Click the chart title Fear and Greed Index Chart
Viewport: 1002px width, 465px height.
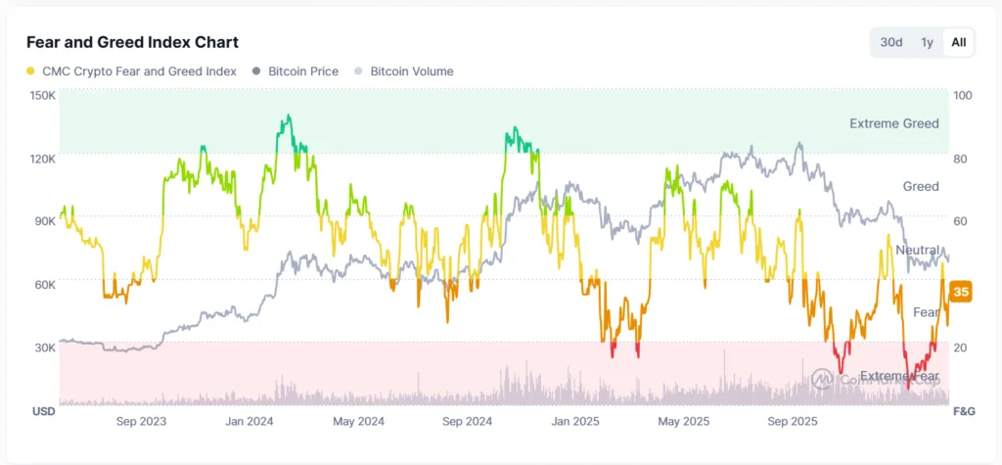click(x=132, y=42)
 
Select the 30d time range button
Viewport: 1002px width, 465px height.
click(x=890, y=42)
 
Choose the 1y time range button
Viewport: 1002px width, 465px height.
click(x=926, y=42)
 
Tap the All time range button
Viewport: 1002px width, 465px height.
click(x=958, y=42)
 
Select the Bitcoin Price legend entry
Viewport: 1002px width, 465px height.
click(x=301, y=71)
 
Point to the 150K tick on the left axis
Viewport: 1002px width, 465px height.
click(x=43, y=96)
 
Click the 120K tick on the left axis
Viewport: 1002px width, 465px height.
click(x=43, y=159)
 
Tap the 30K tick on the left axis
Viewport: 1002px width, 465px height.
click(x=45, y=348)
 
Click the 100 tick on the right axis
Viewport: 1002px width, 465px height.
click(x=963, y=96)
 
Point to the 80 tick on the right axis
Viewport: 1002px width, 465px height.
click(x=961, y=159)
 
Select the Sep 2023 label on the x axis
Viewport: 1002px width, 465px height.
click(x=141, y=422)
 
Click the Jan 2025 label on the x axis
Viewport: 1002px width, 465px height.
click(x=575, y=422)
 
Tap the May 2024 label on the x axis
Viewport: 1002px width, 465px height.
click(x=358, y=422)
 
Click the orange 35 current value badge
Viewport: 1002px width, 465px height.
click(x=961, y=292)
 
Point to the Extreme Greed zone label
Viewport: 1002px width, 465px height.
click(x=893, y=123)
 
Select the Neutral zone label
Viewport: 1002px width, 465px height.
click(x=917, y=251)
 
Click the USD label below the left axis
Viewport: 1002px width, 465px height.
click(x=43, y=411)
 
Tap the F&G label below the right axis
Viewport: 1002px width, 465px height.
click(x=963, y=411)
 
